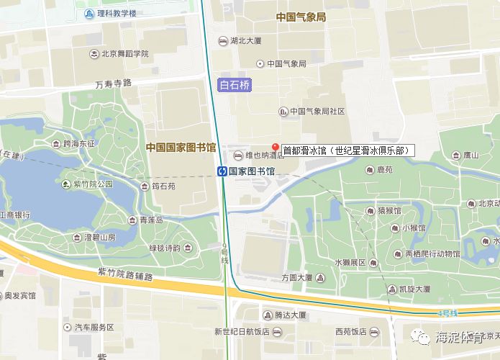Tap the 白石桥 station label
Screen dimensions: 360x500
coord(235,85)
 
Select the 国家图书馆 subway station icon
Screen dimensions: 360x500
coord(223,171)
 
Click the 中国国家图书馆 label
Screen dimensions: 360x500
coord(181,148)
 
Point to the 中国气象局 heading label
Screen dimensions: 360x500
coord(301,17)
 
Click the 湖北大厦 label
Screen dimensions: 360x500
coord(245,41)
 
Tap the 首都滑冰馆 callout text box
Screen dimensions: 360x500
coord(347,150)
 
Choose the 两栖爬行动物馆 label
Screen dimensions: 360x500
coord(432,253)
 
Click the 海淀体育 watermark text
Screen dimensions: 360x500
coord(456,337)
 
